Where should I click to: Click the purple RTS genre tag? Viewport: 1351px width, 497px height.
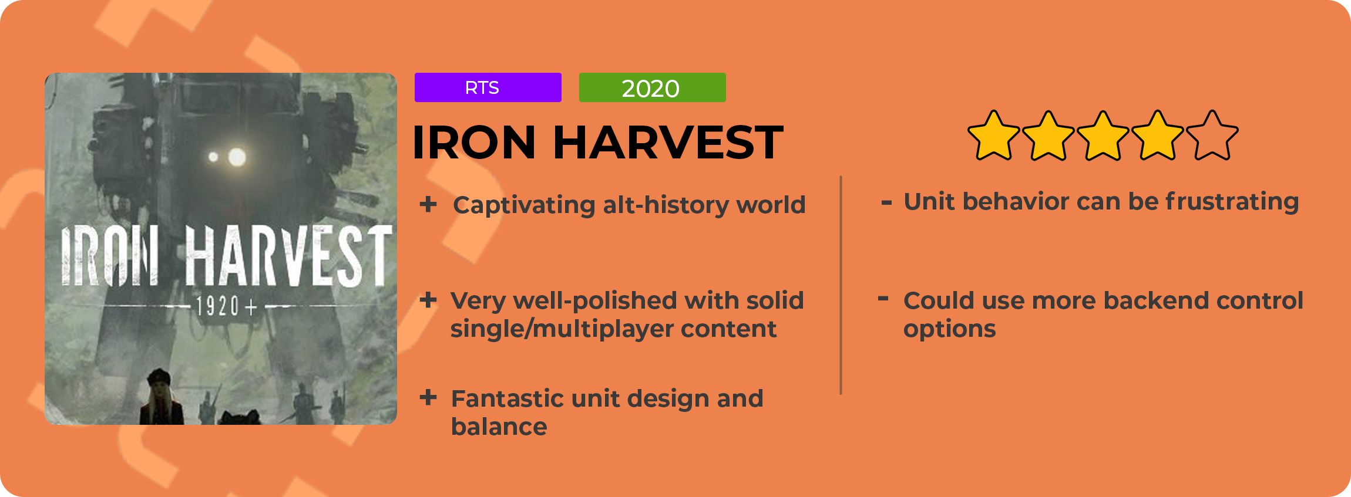pyautogui.click(x=488, y=87)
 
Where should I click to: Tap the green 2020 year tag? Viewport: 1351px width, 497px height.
pyautogui.click(x=652, y=87)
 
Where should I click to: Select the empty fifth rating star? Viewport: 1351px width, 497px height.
pyautogui.click(x=1212, y=136)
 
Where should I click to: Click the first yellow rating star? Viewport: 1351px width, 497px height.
pyautogui.click(x=993, y=136)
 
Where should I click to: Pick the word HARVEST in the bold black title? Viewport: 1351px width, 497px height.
pyautogui.click(x=668, y=142)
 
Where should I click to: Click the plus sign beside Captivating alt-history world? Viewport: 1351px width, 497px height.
pyautogui.click(x=428, y=204)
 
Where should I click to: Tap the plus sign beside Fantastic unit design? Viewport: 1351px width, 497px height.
pyautogui.click(x=428, y=397)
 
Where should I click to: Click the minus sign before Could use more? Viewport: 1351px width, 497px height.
pyautogui.click(x=883, y=299)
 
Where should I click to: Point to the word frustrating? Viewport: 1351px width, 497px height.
pyautogui.click(x=1232, y=201)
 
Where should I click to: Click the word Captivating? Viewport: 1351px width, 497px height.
pyautogui.click(x=524, y=205)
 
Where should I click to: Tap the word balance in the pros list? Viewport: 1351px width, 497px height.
pyautogui.click(x=499, y=427)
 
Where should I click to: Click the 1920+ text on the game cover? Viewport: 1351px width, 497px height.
pyautogui.click(x=224, y=306)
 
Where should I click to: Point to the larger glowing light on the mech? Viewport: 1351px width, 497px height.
pyautogui.click(x=237, y=157)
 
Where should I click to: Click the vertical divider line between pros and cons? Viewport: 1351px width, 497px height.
pyautogui.click(x=841, y=285)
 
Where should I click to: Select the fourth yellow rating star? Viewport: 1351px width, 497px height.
pyautogui.click(x=1157, y=136)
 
